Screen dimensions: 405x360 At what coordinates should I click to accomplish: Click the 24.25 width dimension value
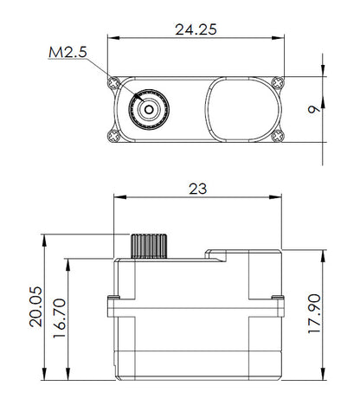click(194, 29)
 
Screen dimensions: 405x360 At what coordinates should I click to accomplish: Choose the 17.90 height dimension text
click(316, 315)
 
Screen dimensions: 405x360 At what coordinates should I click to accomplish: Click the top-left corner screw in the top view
click(114, 83)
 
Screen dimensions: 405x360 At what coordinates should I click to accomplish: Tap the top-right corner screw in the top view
click(277, 83)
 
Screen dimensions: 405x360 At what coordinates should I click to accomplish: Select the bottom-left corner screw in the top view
click(114, 136)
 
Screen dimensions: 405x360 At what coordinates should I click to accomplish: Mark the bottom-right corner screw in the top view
click(277, 136)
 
